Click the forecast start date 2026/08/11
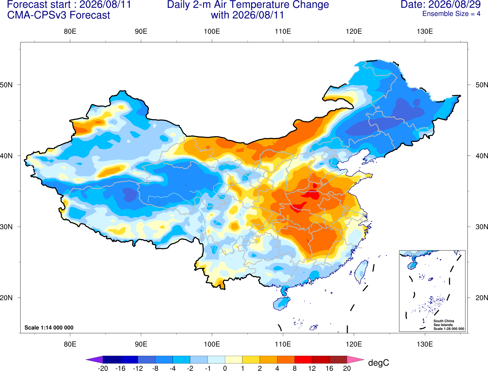click(x=105, y=4)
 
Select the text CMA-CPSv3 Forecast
click(x=59, y=15)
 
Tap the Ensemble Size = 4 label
click(x=451, y=14)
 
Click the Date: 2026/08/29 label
click(x=440, y=4)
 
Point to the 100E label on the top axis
click(x=212, y=31)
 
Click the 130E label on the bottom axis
click(x=425, y=344)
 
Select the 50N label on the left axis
click(x=6, y=85)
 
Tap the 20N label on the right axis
click(x=481, y=298)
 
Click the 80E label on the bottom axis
click(x=70, y=344)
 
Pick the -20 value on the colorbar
click(x=103, y=368)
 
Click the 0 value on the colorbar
click(x=225, y=368)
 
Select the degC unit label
click(x=379, y=363)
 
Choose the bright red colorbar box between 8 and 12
click(x=303, y=359)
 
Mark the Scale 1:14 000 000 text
click(x=49, y=328)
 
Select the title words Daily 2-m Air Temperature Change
click(x=248, y=4)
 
